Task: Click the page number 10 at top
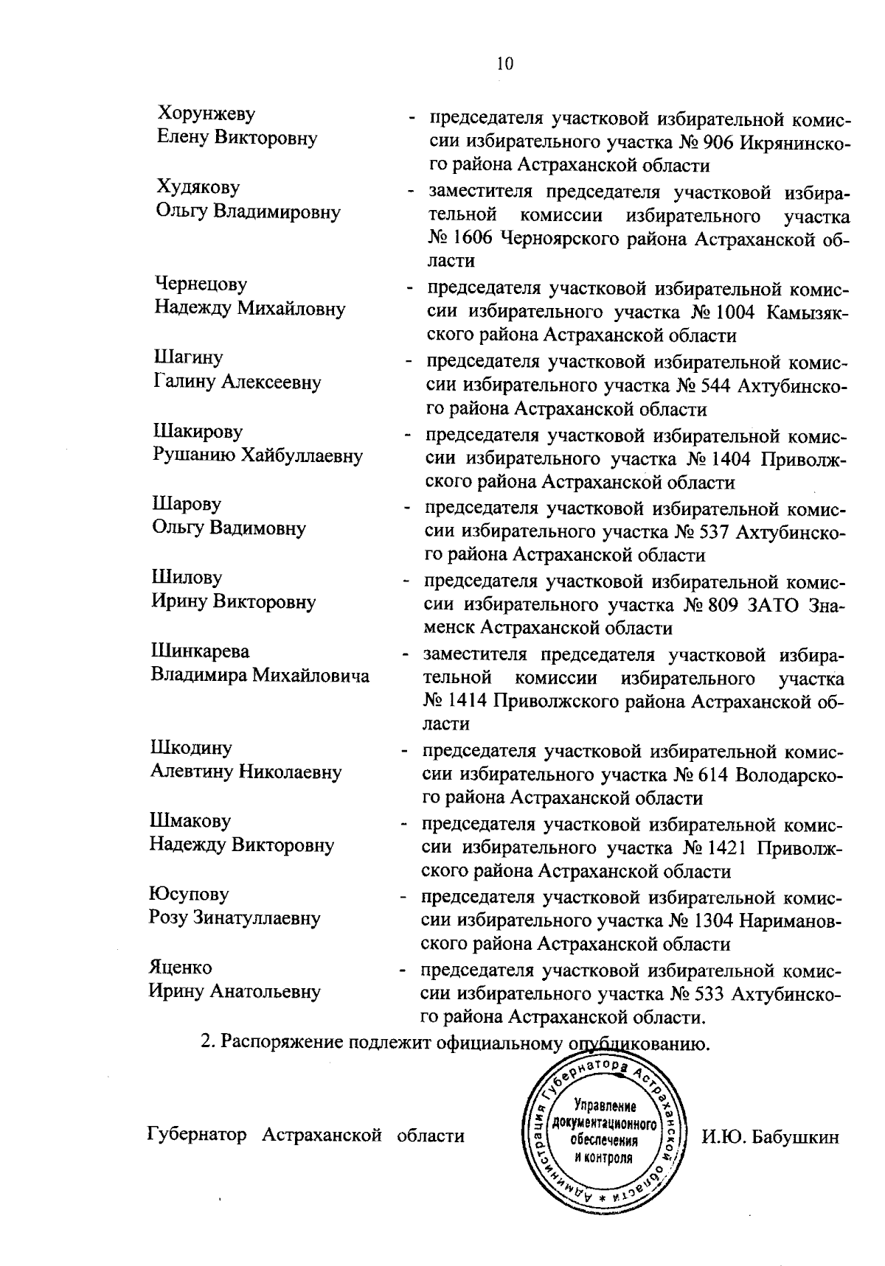point(504,63)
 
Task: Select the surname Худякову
point(198,187)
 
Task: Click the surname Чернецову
point(201,284)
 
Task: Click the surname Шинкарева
point(200,651)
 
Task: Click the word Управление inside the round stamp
point(605,1108)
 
